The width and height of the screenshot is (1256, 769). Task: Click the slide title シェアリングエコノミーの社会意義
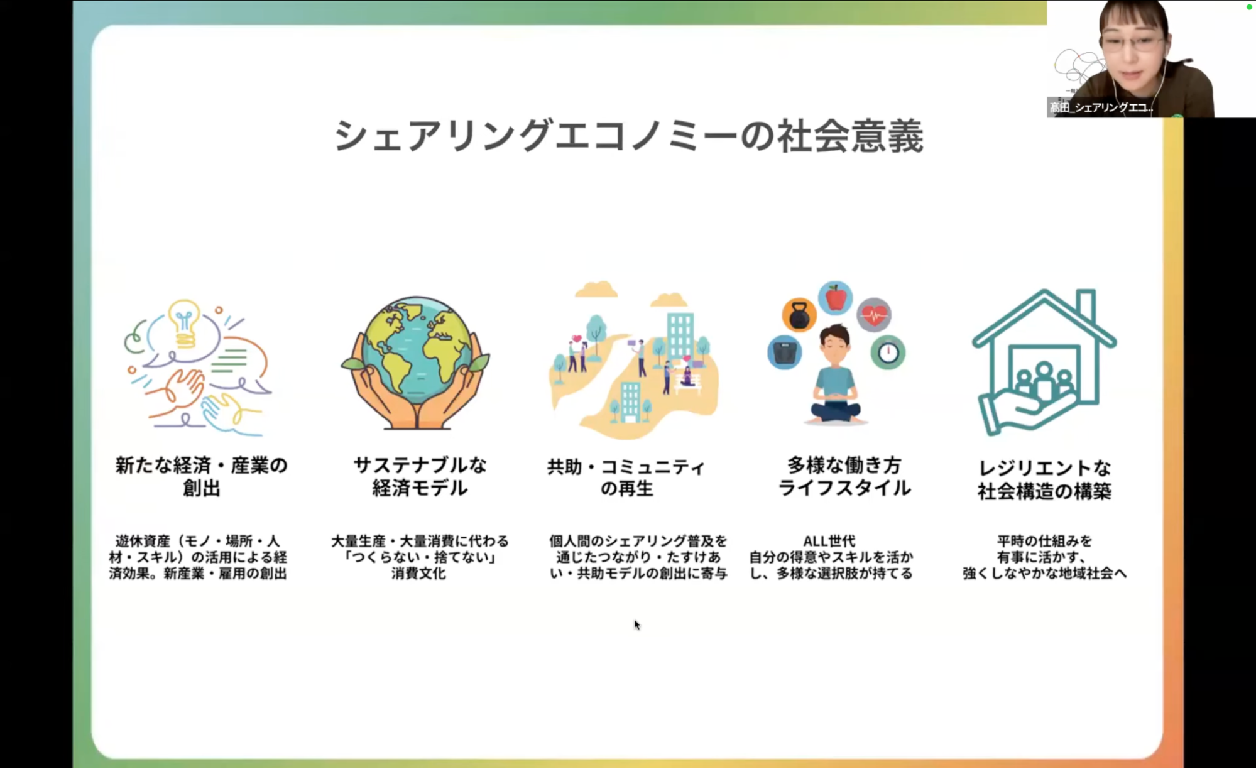click(629, 136)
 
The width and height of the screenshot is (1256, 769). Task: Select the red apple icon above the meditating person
click(836, 298)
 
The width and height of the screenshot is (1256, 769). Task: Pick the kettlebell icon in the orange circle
click(799, 315)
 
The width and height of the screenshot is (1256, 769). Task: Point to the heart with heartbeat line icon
click(874, 315)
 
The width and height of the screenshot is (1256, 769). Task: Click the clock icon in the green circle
click(888, 352)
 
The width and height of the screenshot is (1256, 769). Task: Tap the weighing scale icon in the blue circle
click(785, 352)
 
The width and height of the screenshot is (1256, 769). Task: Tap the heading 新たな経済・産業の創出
click(201, 476)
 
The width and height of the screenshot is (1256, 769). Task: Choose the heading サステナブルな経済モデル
click(420, 476)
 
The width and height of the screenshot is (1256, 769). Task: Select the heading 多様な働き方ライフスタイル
click(844, 476)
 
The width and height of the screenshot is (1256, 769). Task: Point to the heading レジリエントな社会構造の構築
click(1044, 479)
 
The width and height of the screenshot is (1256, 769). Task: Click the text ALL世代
click(829, 541)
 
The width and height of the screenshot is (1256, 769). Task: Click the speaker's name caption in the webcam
click(1101, 107)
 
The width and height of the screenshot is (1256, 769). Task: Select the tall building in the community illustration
click(680, 335)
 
